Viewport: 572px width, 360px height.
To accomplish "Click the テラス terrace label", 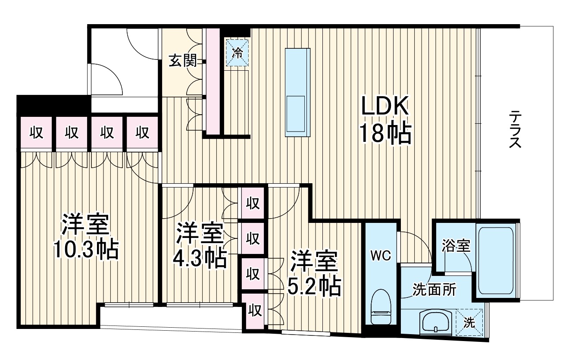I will [x=516, y=129].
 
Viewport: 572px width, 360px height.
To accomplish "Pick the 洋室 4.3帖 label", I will [x=200, y=246].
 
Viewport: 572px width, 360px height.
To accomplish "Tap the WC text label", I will [x=381, y=255].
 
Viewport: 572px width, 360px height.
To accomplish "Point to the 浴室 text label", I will [x=456, y=246].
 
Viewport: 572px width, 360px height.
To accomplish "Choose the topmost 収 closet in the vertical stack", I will [x=253, y=203].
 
